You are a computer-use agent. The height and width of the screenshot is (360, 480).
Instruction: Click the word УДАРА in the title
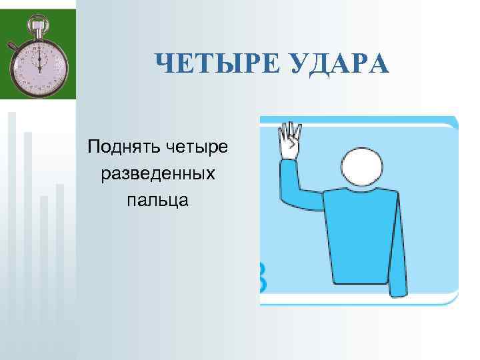click(338, 65)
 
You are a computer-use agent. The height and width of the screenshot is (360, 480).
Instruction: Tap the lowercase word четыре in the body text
click(197, 145)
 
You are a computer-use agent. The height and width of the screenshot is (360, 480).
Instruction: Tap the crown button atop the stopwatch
click(38, 27)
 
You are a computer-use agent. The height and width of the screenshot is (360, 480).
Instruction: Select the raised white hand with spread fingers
click(290, 141)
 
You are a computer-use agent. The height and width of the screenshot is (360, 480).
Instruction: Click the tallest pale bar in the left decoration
click(11, 220)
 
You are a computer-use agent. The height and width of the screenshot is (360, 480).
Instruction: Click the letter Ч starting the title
click(164, 65)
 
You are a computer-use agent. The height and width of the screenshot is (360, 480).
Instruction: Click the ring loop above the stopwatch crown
click(38, 18)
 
